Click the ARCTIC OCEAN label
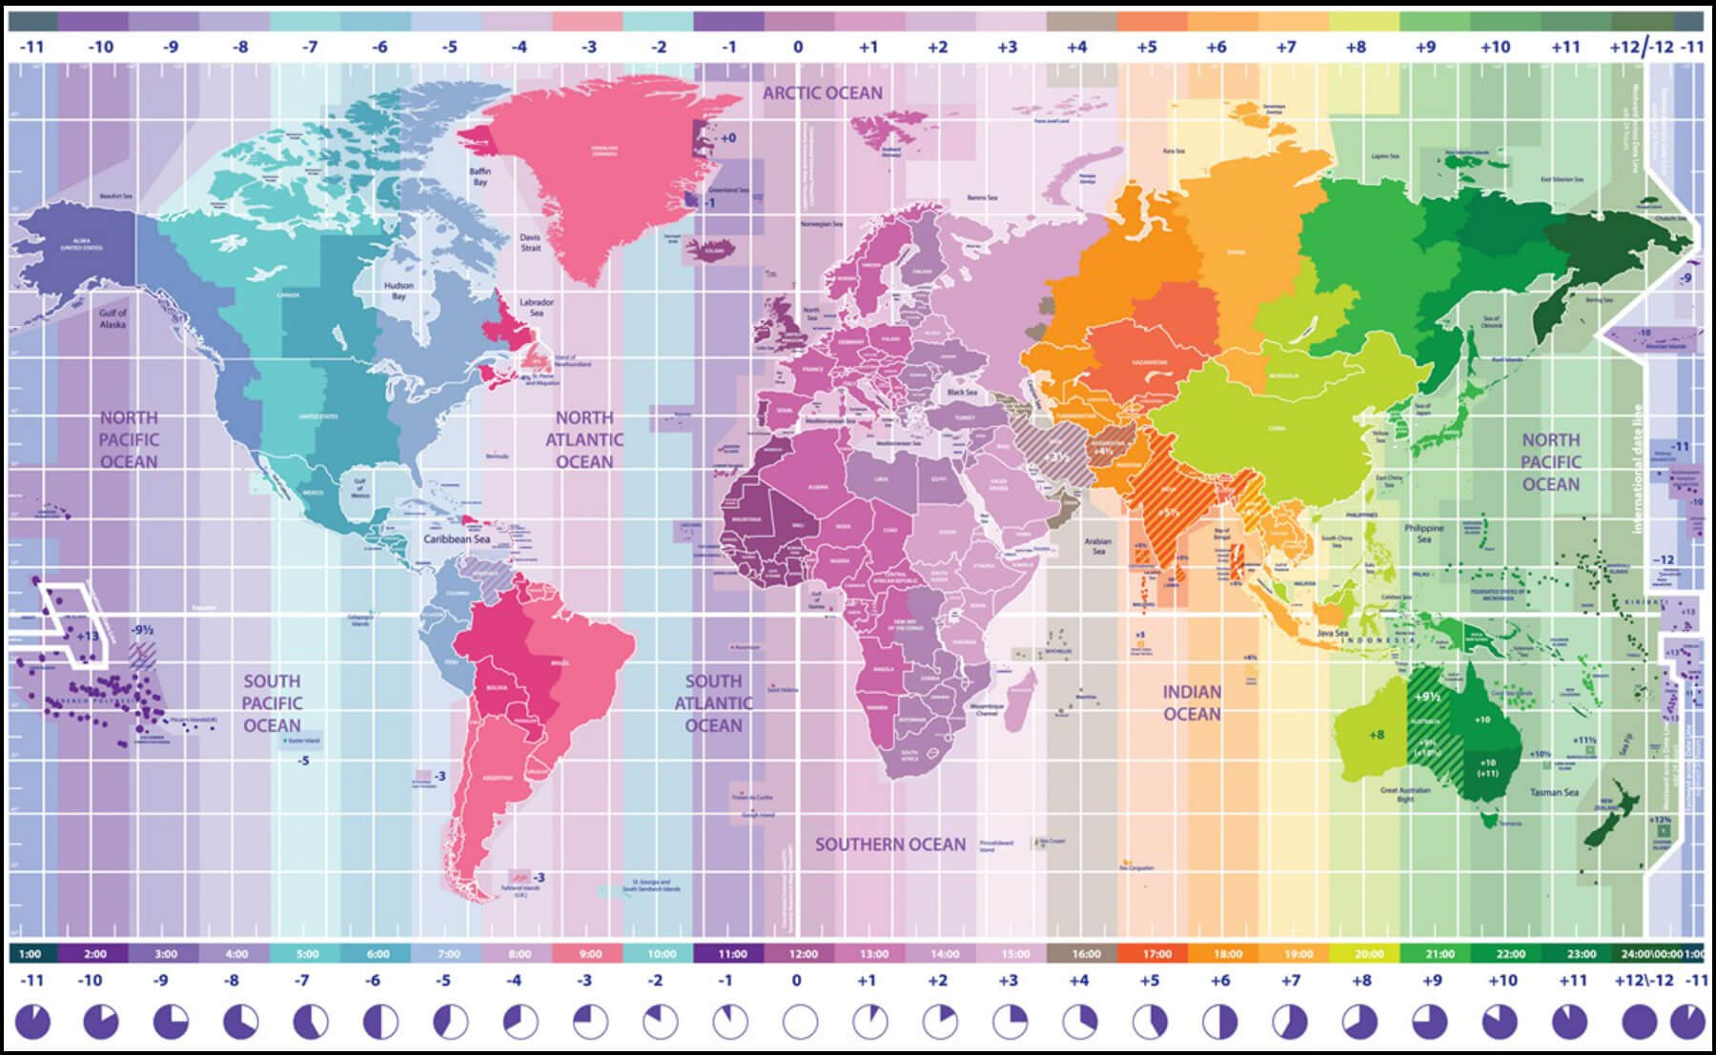823,92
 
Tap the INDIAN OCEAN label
1191,703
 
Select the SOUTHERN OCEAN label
889,844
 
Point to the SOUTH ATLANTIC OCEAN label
713,703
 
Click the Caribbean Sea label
457,539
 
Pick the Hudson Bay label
398,291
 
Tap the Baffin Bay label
480,176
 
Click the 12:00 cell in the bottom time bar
803,953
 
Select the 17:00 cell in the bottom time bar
1156,953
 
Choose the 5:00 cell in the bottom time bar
307,953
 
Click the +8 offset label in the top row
1356,47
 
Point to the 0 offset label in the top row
798,47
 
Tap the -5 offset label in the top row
449,47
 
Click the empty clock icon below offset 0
800,1023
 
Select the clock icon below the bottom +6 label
1220,1023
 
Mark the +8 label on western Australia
1376,735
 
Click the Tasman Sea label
1554,792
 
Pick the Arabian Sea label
1097,546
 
